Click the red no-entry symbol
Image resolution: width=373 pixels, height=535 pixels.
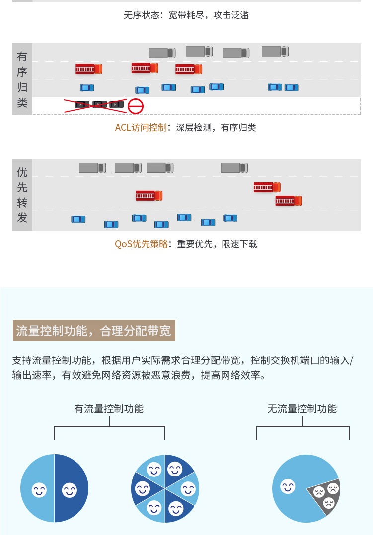click(136, 106)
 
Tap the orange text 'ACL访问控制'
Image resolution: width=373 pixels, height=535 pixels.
click(141, 127)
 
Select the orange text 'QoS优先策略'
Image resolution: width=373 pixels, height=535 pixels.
click(141, 244)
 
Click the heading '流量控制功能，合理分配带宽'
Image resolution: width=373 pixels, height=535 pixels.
click(94, 331)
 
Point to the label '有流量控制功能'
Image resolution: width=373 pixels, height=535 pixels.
click(109, 408)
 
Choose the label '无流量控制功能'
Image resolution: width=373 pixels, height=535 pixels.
click(302, 408)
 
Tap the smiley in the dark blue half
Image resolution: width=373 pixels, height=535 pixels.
click(70, 490)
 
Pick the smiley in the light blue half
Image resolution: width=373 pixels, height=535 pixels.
click(39, 490)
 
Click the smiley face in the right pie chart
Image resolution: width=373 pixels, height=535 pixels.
click(288, 486)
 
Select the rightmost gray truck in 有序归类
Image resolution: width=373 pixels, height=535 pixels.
click(275, 51)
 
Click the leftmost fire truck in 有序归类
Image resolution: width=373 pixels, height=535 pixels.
click(89, 69)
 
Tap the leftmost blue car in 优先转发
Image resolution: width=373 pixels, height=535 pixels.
click(78, 219)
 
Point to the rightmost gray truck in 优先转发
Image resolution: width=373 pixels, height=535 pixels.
click(234, 168)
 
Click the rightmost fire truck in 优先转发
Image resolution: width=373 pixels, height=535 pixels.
click(289, 201)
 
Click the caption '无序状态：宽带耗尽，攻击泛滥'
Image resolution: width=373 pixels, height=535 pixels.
click(186, 15)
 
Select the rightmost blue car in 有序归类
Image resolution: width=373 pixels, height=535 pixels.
click(292, 88)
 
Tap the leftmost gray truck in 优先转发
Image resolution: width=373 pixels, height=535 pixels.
click(92, 168)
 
